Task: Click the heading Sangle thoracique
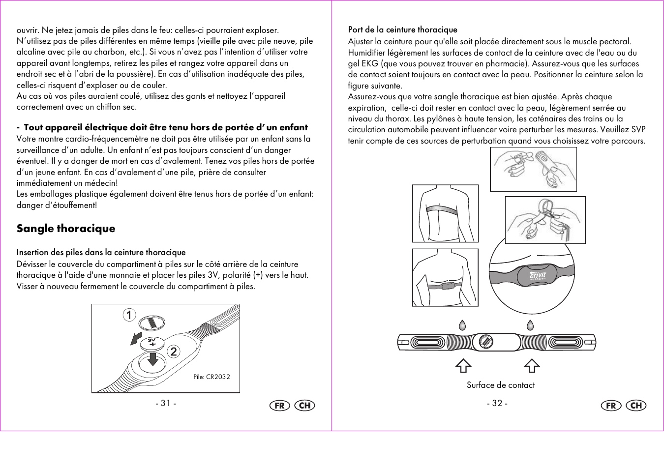[x=66, y=229]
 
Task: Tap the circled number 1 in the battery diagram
[x=129, y=315]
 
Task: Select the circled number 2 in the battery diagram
[x=174, y=352]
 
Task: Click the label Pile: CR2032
[x=211, y=377]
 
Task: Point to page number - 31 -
[x=166, y=404]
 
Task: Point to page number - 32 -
[x=497, y=404]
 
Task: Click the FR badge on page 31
[x=279, y=406]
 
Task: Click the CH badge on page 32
[x=635, y=406]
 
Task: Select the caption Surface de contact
[x=500, y=385]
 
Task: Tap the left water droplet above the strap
[x=462, y=325]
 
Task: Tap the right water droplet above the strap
[x=530, y=325]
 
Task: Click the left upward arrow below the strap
[x=463, y=366]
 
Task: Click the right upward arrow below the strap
[x=531, y=366]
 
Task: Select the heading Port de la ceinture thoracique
[x=402, y=30]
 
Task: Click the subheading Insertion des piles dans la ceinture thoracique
[x=101, y=253]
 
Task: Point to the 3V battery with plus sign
[x=152, y=343]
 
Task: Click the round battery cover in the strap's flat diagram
[x=485, y=342]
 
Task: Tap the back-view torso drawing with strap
[x=445, y=214]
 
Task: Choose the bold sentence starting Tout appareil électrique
[x=165, y=128]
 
